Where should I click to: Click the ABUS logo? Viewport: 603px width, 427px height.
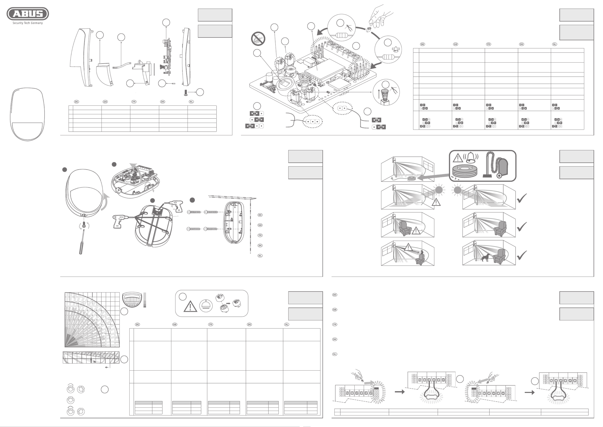click(x=28, y=14)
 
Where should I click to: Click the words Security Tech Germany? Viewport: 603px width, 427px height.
click(x=28, y=23)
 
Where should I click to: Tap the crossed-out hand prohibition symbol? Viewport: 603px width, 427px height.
click(x=258, y=39)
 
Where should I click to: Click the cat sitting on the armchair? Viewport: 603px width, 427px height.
click(x=421, y=255)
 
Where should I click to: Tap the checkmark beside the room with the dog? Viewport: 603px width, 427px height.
click(x=522, y=255)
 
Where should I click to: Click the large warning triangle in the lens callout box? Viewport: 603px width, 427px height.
click(x=190, y=306)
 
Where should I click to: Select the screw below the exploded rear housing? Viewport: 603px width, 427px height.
click(x=186, y=92)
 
